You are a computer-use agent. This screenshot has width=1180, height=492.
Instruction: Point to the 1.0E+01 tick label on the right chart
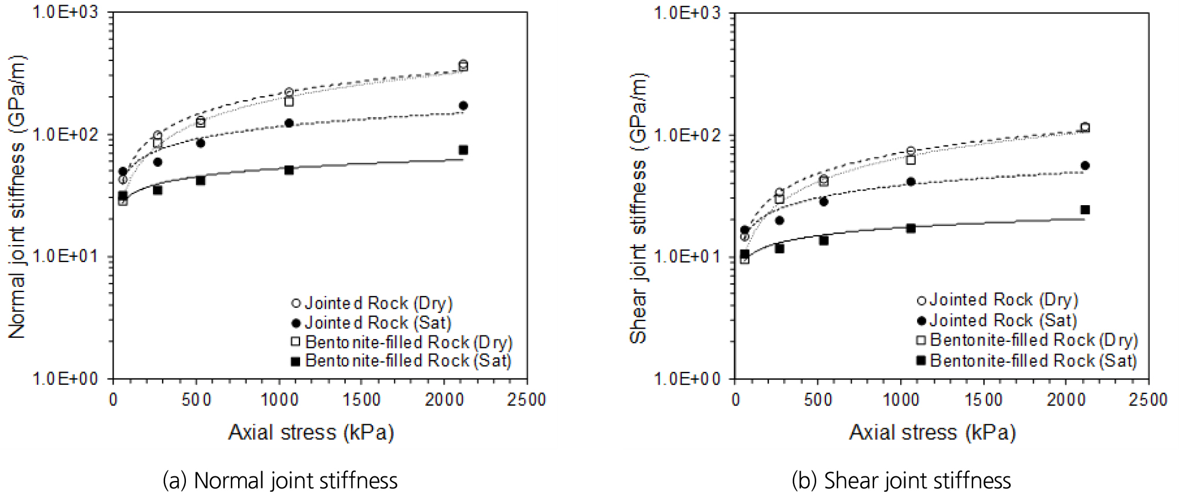click(687, 256)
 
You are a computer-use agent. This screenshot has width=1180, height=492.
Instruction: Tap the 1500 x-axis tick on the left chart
click(361, 400)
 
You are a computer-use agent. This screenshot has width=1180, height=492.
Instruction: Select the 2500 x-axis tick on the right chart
click(1148, 400)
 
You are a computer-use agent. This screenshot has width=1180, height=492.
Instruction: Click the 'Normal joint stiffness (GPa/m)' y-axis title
click(17, 197)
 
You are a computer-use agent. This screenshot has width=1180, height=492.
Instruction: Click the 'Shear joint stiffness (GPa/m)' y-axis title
click(638, 209)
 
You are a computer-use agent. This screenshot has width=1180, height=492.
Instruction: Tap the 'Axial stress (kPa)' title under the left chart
click(311, 432)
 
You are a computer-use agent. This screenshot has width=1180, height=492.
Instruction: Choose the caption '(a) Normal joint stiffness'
click(280, 480)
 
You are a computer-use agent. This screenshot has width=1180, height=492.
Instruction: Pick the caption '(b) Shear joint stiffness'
click(901, 480)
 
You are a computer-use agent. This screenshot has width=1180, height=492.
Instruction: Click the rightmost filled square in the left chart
click(463, 150)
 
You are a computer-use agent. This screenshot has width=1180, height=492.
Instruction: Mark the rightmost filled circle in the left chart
click(463, 105)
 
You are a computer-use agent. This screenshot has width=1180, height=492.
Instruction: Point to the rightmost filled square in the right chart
click(1085, 210)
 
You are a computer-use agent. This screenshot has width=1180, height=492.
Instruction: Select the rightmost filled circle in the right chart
click(1085, 166)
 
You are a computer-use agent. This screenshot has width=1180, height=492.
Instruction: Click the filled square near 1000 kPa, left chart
click(289, 170)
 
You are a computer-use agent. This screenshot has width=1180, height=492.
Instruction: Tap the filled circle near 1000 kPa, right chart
click(911, 182)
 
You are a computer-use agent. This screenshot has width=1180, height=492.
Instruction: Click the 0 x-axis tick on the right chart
click(735, 400)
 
